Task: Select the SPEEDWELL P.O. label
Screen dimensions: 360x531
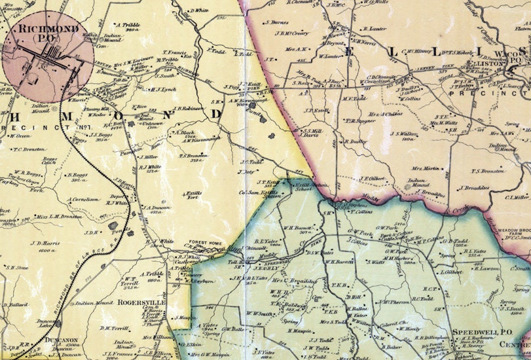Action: [477, 333]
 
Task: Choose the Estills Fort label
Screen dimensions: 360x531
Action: [192, 194]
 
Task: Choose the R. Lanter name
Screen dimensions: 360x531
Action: [374, 29]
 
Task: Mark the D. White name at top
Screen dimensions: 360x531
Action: [198, 10]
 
